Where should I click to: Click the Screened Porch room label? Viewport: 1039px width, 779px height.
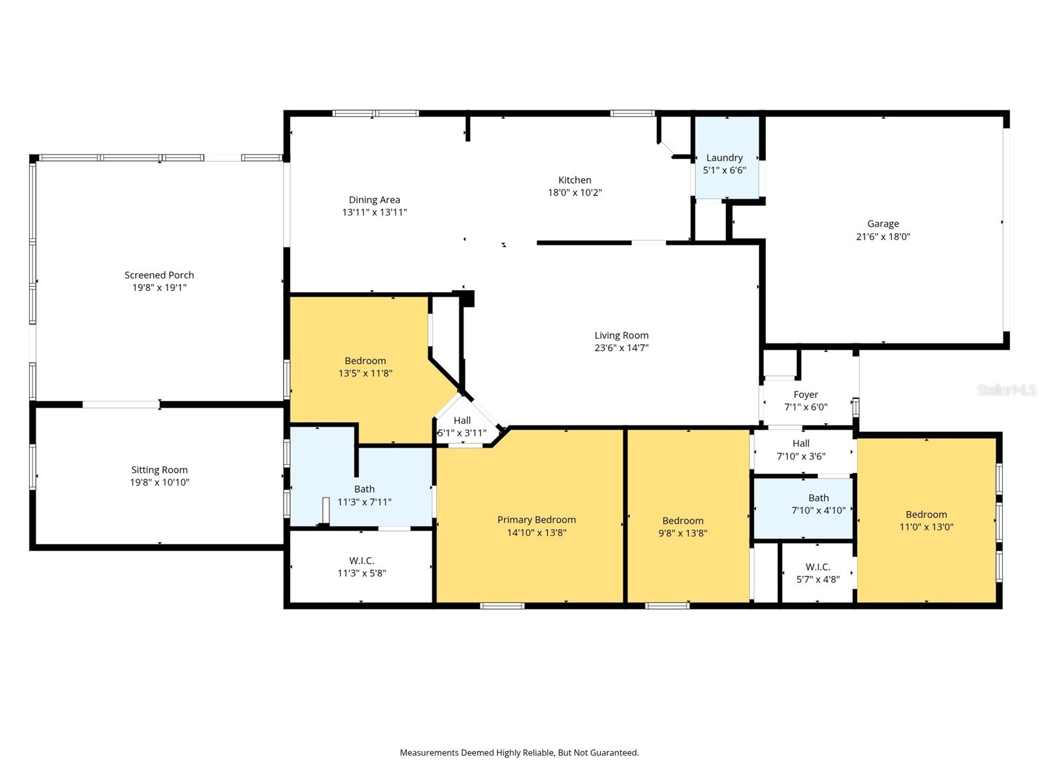point(159,275)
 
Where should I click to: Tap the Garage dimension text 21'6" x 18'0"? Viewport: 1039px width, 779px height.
point(883,237)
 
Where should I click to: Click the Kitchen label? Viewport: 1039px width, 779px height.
point(575,180)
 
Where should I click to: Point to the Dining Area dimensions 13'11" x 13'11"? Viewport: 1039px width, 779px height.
point(375,212)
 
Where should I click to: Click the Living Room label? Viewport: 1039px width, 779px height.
point(621,336)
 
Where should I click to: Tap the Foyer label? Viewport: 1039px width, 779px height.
point(805,395)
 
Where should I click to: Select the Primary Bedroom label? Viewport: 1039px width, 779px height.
point(536,520)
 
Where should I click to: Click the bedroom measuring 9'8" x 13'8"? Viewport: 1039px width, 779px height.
point(682,526)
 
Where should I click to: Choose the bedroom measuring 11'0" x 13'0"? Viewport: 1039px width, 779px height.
point(926,521)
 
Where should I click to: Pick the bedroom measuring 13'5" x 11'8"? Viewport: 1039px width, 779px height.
point(365,367)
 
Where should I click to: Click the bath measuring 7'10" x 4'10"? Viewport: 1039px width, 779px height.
point(818,504)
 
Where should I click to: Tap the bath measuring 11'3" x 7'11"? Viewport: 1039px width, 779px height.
point(364,495)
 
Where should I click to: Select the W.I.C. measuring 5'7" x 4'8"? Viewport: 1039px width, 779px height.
point(818,573)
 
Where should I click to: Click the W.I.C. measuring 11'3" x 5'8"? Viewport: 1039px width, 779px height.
point(362,567)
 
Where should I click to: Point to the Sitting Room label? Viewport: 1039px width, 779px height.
point(159,470)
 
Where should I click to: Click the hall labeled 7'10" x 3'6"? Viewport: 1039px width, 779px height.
point(801,450)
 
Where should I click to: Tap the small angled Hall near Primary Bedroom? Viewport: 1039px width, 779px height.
point(462,427)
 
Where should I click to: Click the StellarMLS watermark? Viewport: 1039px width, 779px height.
point(1007,389)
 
